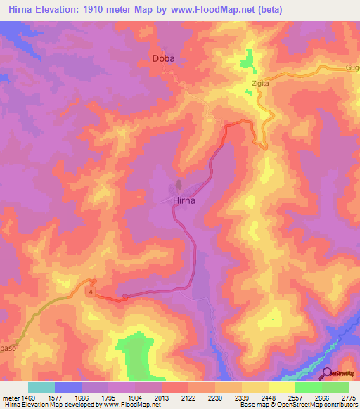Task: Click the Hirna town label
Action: (184, 200)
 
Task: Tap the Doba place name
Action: (163, 59)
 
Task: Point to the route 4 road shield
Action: (91, 290)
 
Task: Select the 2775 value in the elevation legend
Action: (348, 397)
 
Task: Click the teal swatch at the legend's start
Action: (41, 387)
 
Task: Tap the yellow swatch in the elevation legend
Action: (282, 387)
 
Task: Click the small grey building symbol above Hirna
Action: (179, 187)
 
